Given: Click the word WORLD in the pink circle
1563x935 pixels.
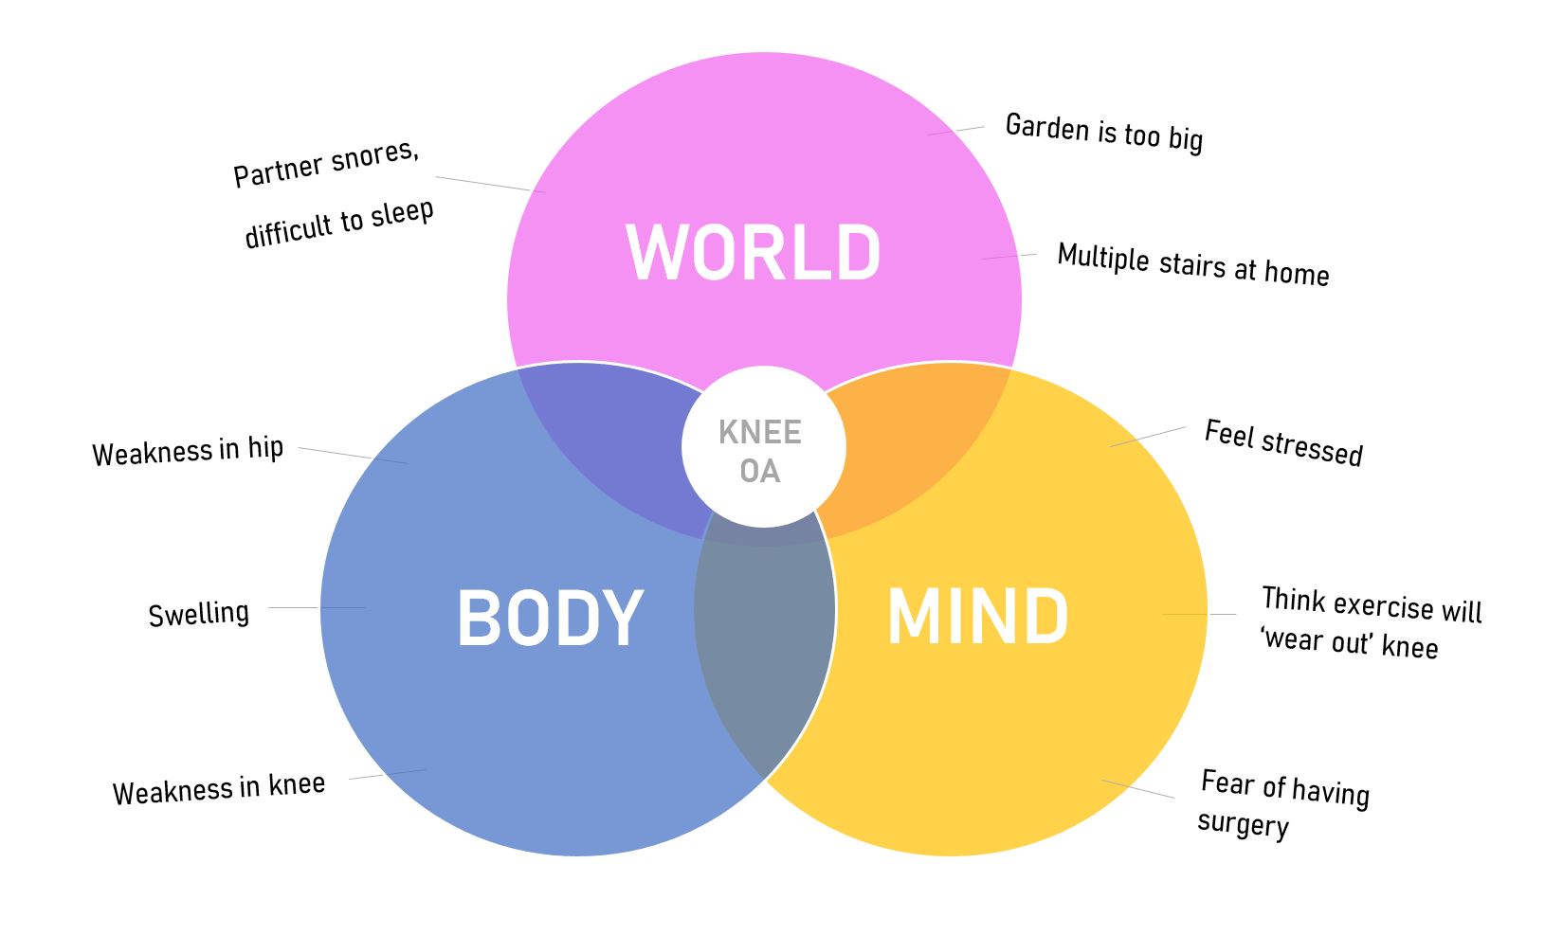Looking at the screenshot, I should point(754,253).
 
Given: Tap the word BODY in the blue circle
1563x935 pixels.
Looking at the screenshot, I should point(550,618).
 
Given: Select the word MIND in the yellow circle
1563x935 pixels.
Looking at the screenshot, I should point(977,617).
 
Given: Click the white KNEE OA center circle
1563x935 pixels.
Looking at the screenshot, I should point(762,451).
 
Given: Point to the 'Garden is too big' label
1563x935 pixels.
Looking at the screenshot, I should point(1103,133).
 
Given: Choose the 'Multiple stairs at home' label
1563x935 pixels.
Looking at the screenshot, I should point(1192,264).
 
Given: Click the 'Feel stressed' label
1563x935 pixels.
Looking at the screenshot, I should point(1282,442).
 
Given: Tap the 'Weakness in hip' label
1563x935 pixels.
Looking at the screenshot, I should point(188,451).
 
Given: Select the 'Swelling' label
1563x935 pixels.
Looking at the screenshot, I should point(198,614).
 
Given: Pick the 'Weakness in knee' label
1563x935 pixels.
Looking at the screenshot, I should point(219,789).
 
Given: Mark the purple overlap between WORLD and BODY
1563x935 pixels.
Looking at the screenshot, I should point(607,436).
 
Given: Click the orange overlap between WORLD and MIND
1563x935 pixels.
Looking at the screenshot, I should point(910,436).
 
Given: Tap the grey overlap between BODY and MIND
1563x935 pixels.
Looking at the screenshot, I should point(764,644).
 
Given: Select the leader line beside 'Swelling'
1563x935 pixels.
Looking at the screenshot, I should point(317,607).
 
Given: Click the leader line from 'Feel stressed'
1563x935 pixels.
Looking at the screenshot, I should point(1148,437).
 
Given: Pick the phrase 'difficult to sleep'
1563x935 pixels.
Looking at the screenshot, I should point(338,224).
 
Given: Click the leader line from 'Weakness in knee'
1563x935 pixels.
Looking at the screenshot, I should point(387,774).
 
